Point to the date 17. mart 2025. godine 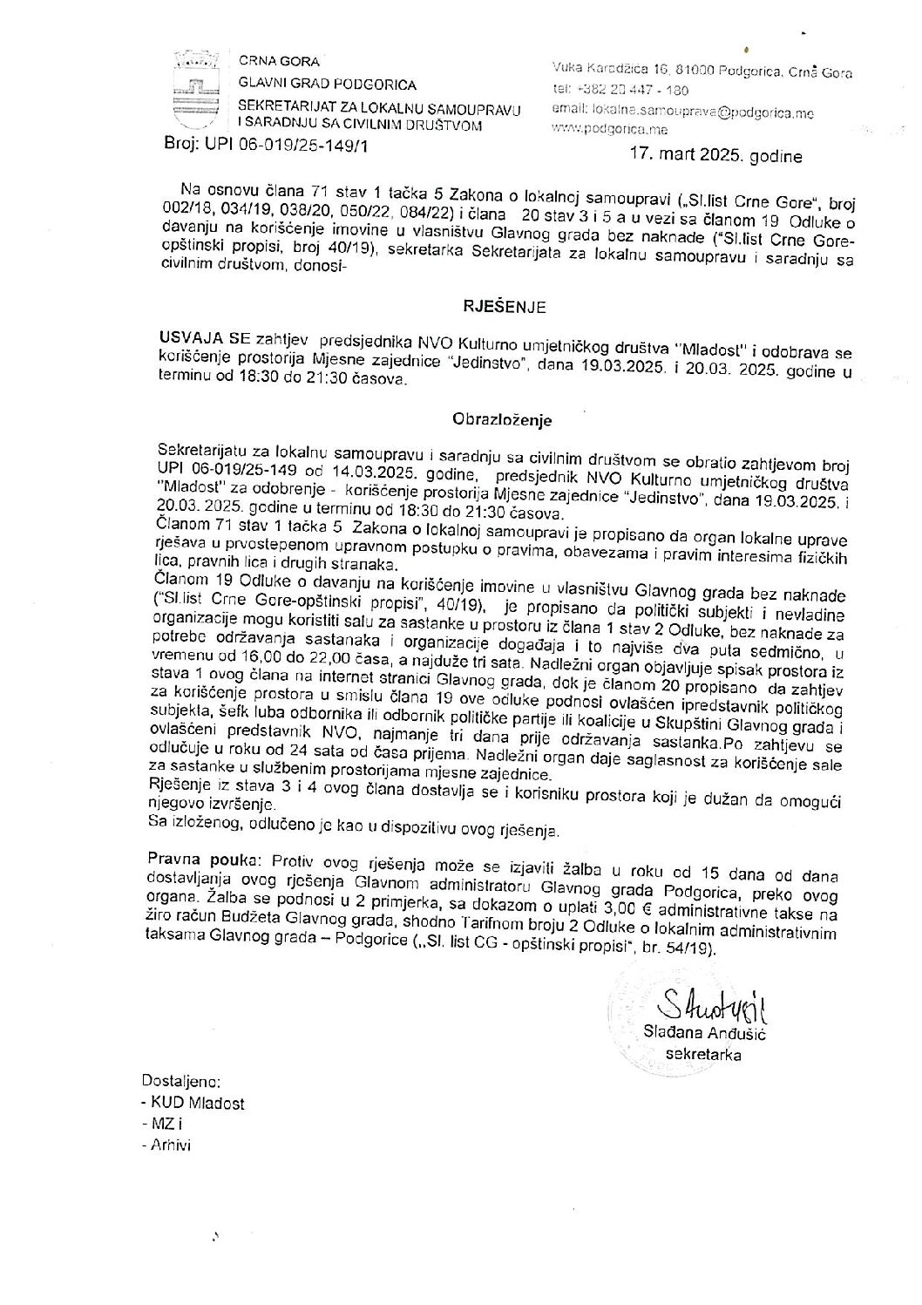click(x=715, y=157)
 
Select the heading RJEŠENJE click(x=504, y=306)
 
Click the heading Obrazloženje click(x=502, y=418)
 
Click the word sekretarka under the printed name click(x=702, y=1055)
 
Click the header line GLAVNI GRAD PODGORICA click(x=328, y=85)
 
